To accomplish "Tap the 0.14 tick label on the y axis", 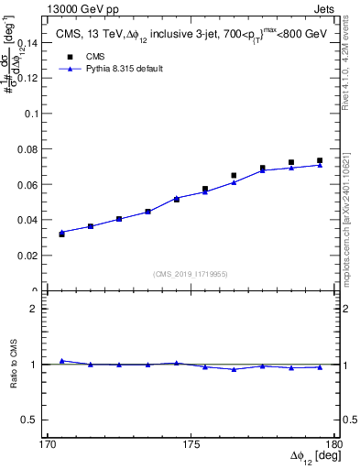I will click(30, 43).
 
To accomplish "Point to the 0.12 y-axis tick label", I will click(30, 79).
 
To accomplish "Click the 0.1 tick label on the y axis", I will click(34, 114).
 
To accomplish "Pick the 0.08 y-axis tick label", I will click(30, 149).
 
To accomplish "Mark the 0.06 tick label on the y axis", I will click(30, 185).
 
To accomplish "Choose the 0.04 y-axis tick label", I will click(30, 221).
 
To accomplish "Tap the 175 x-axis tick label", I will click(191, 445).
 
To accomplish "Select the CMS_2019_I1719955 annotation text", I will click(191, 273).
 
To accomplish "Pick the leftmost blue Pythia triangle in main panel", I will click(61, 232).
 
